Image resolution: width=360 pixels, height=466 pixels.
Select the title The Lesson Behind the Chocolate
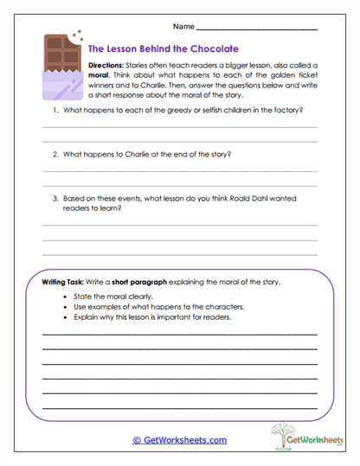pyautogui.click(x=164, y=49)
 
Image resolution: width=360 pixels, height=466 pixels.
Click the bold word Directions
pyautogui.click(x=109, y=65)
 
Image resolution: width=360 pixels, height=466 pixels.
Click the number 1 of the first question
pyautogui.click(x=54, y=112)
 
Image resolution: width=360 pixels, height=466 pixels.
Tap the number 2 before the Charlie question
pyautogui.click(x=54, y=155)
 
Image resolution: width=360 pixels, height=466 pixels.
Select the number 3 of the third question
pyautogui.click(x=54, y=197)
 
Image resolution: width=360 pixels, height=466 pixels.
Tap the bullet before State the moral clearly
pyautogui.click(x=66, y=297)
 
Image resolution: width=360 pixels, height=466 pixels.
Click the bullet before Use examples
pyautogui.click(x=66, y=307)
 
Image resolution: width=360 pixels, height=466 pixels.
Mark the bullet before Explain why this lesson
pyautogui.click(x=66, y=317)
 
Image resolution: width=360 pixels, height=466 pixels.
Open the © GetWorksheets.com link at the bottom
pyautogui.click(x=179, y=440)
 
